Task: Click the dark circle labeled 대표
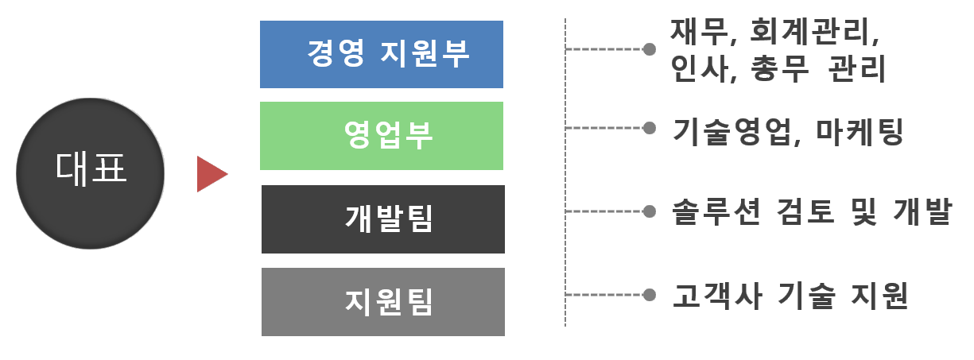pyautogui.click(x=90, y=173)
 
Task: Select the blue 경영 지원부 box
pyautogui.click(x=382, y=54)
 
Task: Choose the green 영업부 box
pyautogui.click(x=382, y=136)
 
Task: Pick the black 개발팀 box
pyautogui.click(x=382, y=219)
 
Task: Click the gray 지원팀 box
pyautogui.click(x=382, y=302)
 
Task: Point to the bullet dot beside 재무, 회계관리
pyautogui.click(x=650, y=49)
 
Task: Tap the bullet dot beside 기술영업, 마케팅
pyautogui.click(x=650, y=127)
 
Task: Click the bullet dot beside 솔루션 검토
pyautogui.click(x=650, y=211)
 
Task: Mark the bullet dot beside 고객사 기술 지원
pyautogui.click(x=650, y=295)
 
